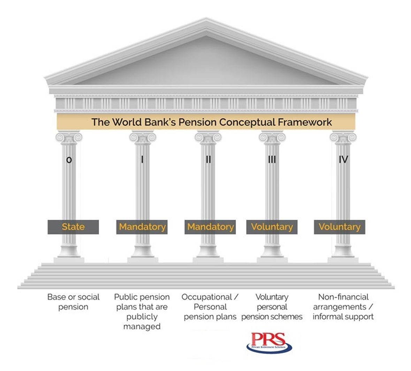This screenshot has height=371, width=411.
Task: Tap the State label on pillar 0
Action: point(73,227)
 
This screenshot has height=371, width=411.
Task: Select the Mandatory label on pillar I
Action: point(142,227)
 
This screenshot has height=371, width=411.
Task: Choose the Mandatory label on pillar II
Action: point(210,227)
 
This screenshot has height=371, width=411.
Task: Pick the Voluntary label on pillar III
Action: point(272,227)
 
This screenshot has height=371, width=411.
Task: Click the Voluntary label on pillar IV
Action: point(340,227)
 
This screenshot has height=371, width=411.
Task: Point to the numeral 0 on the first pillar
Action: point(69,160)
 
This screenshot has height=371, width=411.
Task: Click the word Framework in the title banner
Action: point(305,122)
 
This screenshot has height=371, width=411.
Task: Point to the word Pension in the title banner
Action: point(199,122)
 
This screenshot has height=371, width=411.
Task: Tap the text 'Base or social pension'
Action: point(73,302)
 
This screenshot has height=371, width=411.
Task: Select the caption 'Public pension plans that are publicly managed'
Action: point(142,311)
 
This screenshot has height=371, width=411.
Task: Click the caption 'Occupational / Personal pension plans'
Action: point(210,307)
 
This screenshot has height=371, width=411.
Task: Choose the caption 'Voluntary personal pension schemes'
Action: point(272,307)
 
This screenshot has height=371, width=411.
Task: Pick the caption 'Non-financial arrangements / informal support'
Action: point(343,307)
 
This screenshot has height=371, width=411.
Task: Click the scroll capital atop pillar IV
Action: point(343,137)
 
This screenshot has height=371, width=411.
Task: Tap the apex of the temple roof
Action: point(206,20)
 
